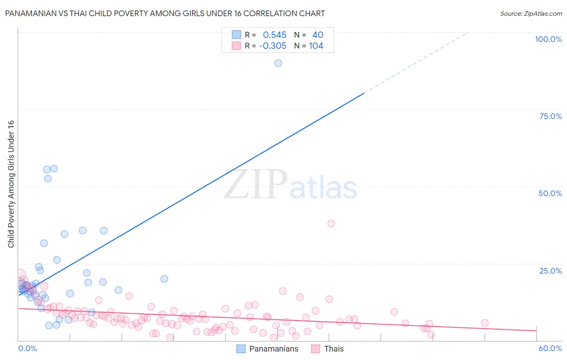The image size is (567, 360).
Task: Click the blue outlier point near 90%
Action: point(278,63)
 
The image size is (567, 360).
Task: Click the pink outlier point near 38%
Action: point(331,224)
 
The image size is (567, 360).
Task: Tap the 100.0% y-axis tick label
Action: point(548,39)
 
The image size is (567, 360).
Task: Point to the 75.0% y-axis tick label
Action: point(550,116)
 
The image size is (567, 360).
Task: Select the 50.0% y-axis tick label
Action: point(550,193)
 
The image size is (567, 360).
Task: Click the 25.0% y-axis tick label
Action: point(550,271)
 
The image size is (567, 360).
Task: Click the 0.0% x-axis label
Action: point(27,348)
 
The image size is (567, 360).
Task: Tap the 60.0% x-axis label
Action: point(550,348)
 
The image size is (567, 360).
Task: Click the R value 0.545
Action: point(275,35)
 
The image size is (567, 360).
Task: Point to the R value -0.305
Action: point(273,46)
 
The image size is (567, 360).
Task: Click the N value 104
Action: point(316,46)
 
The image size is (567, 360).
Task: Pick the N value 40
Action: point(318,35)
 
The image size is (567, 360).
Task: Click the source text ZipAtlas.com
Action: point(531,14)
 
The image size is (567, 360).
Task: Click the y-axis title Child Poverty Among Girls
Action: point(11,184)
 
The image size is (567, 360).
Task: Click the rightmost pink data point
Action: point(485,323)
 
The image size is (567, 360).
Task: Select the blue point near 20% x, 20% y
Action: point(164,279)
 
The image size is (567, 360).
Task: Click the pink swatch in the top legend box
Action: point(236,46)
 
